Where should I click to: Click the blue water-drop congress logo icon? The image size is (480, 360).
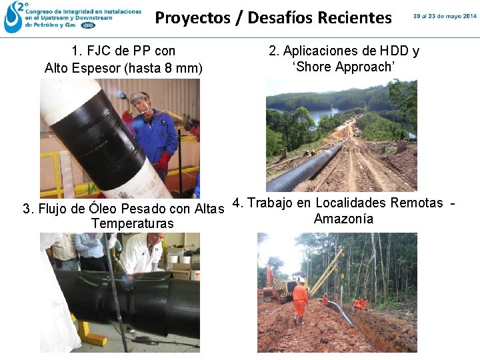(x=13, y=17)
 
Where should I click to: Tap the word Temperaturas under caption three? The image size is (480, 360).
(x=132, y=223)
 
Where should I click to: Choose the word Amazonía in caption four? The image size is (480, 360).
(x=343, y=219)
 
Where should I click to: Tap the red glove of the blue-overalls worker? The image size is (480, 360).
(x=163, y=161)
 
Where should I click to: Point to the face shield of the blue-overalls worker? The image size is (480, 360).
(x=140, y=103)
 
